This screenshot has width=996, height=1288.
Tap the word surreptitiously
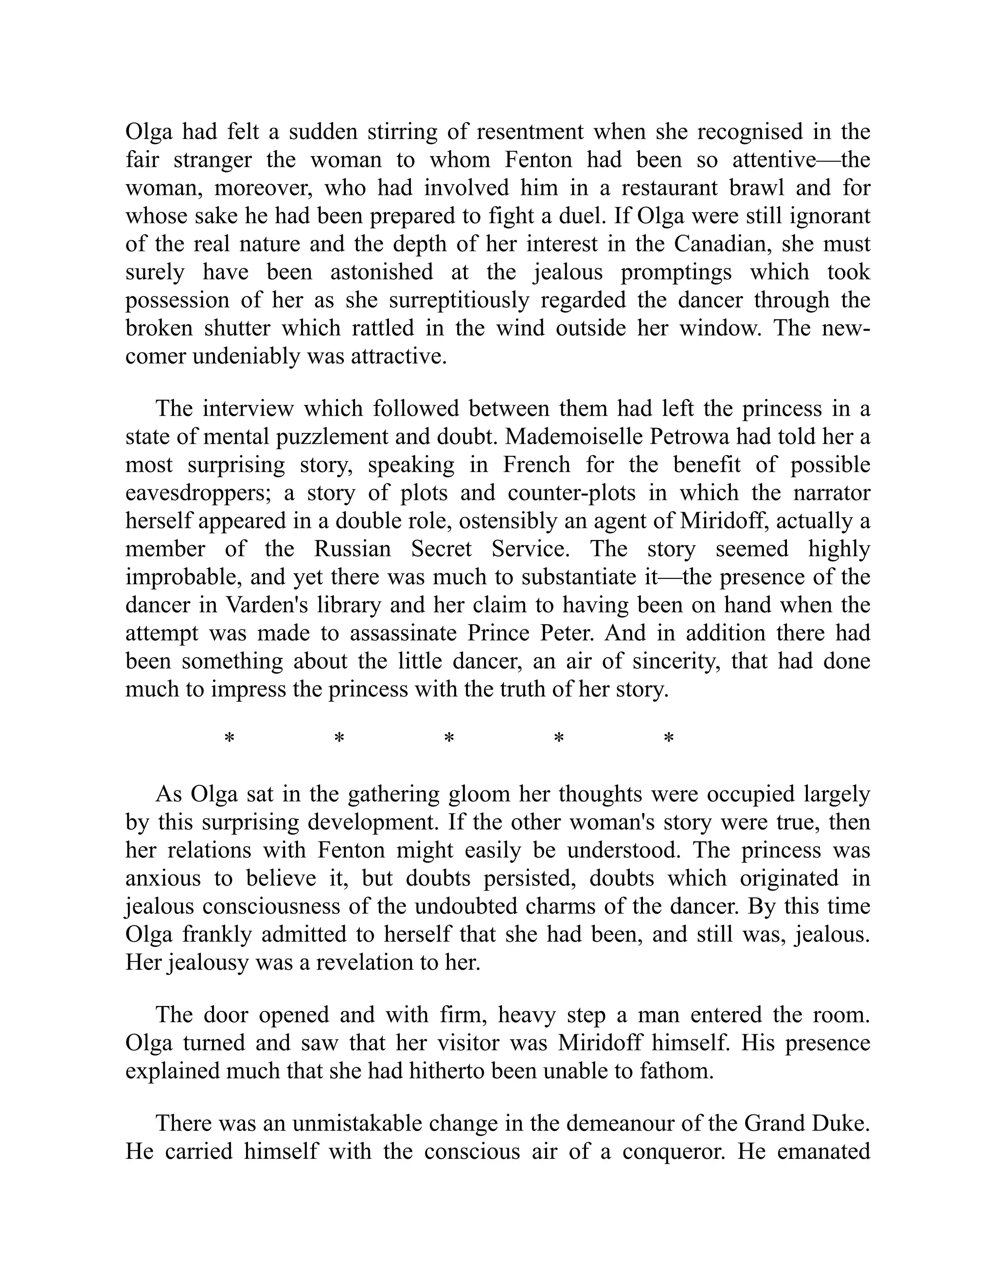[x=460, y=300]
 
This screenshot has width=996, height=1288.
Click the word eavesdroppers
[x=197, y=493]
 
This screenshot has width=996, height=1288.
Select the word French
[x=536, y=465]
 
